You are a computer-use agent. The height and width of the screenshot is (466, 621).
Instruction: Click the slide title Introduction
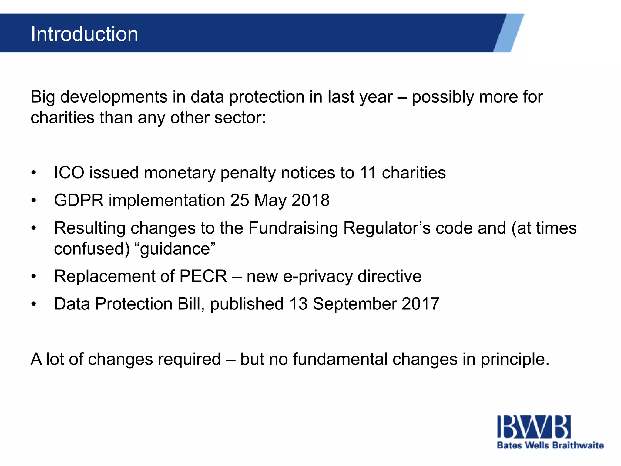tap(84, 34)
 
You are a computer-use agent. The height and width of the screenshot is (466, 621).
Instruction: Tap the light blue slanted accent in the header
tap(509, 33)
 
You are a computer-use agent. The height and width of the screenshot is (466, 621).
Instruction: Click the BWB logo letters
tap(534, 427)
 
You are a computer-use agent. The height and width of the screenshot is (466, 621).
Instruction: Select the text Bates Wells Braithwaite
tap(550, 445)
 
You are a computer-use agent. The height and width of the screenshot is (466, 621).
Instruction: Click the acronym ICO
tap(69, 173)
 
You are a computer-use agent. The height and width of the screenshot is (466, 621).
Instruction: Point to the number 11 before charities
tap(368, 173)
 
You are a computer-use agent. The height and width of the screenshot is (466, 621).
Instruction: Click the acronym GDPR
tap(79, 200)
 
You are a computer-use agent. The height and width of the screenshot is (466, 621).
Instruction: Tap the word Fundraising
tap(293, 228)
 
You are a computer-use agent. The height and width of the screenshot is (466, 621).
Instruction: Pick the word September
tap(354, 304)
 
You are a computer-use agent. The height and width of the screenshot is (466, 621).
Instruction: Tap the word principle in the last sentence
tap(514, 360)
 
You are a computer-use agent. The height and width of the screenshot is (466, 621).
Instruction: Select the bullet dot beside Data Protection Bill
tap(34, 304)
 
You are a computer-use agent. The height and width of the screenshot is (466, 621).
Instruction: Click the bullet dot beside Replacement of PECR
tap(34, 276)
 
